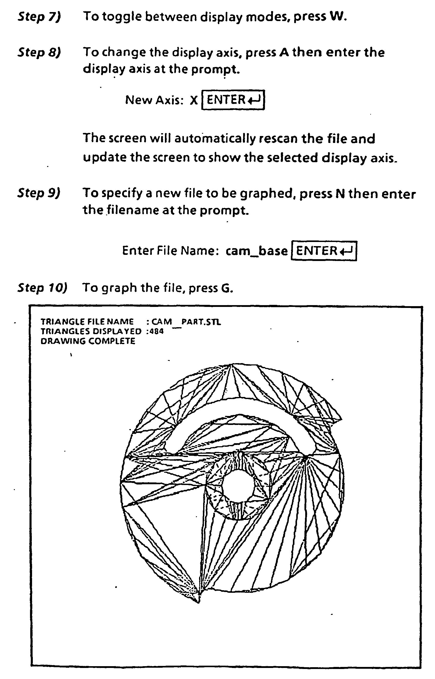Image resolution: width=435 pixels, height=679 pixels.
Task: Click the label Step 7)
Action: (x=39, y=17)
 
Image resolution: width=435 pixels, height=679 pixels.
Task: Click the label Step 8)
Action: (x=39, y=53)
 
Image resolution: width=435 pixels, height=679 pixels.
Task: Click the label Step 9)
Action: (x=39, y=193)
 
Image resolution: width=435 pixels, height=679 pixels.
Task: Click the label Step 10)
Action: (x=43, y=288)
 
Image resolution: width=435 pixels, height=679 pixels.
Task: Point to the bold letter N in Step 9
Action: (x=341, y=194)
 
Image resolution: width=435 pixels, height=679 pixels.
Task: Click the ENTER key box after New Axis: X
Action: (x=233, y=100)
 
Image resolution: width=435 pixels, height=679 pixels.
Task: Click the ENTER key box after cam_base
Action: (x=324, y=251)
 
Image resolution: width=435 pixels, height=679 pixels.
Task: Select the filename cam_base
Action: (x=256, y=251)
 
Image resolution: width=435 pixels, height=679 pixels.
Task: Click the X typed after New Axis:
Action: (x=194, y=100)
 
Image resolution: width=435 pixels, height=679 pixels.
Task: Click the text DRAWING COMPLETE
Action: (x=88, y=341)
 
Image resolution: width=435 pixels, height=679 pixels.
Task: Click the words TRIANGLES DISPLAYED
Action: (x=91, y=331)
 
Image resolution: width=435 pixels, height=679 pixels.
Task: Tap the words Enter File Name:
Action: (x=171, y=251)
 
